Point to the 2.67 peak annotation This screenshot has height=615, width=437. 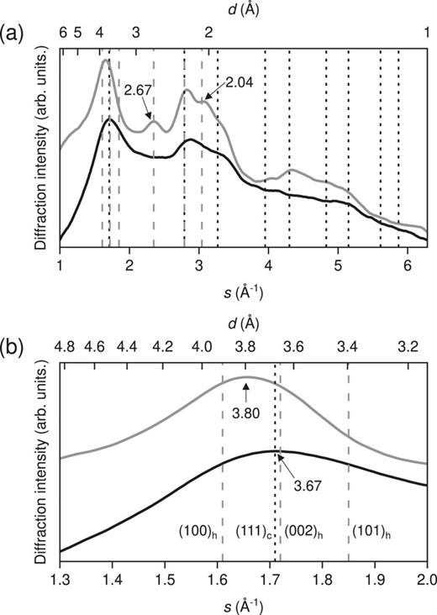click(138, 89)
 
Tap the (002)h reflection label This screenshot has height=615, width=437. click(300, 531)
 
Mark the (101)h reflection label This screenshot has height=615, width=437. click(368, 531)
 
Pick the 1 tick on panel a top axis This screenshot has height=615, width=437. click(427, 33)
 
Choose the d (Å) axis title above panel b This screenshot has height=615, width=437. click(246, 323)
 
